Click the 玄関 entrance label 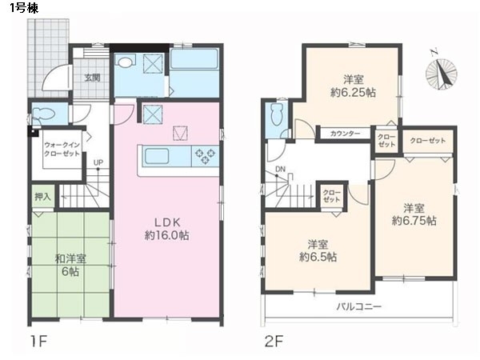pos(92,78)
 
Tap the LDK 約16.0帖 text pos(167,228)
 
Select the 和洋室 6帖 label pos(70,265)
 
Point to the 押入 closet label pos(42,197)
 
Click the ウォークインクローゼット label pos(62,149)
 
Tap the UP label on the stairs pos(98,163)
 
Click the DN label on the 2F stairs pos(280,169)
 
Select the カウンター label pos(346,134)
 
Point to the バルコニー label pos(359,306)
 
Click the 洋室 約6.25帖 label pos(353,86)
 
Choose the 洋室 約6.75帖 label pos(414,214)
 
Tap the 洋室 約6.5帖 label pos(318,250)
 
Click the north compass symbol pos(441,73)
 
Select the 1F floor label pos(38,341)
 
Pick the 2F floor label pos(274,341)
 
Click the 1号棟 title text pos(24,8)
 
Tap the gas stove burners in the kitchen pos(205,156)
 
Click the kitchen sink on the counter pos(157,156)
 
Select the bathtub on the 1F pos(194,59)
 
